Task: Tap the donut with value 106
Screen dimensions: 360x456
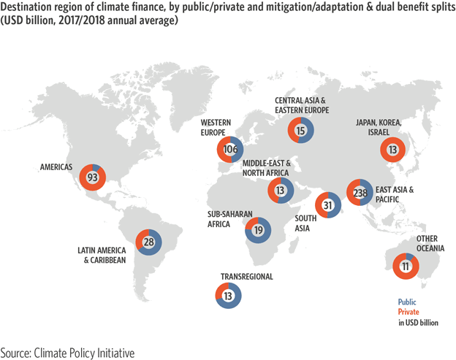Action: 231,150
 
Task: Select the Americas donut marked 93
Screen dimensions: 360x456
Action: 93,177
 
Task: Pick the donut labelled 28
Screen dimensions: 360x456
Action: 148,242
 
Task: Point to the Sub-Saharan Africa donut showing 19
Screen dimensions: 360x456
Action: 258,230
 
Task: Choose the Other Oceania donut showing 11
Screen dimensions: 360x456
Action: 406,267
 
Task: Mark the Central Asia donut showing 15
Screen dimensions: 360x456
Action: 300,130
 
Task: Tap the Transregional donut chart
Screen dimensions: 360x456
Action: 229,296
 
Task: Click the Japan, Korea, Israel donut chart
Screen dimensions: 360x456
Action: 393,150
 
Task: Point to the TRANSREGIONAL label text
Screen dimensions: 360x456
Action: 247,277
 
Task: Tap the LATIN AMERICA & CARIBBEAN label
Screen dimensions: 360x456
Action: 102,255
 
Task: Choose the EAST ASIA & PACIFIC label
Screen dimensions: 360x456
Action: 394,194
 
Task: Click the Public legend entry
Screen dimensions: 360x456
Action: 407,302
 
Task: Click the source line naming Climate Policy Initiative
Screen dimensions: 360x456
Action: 67,351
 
